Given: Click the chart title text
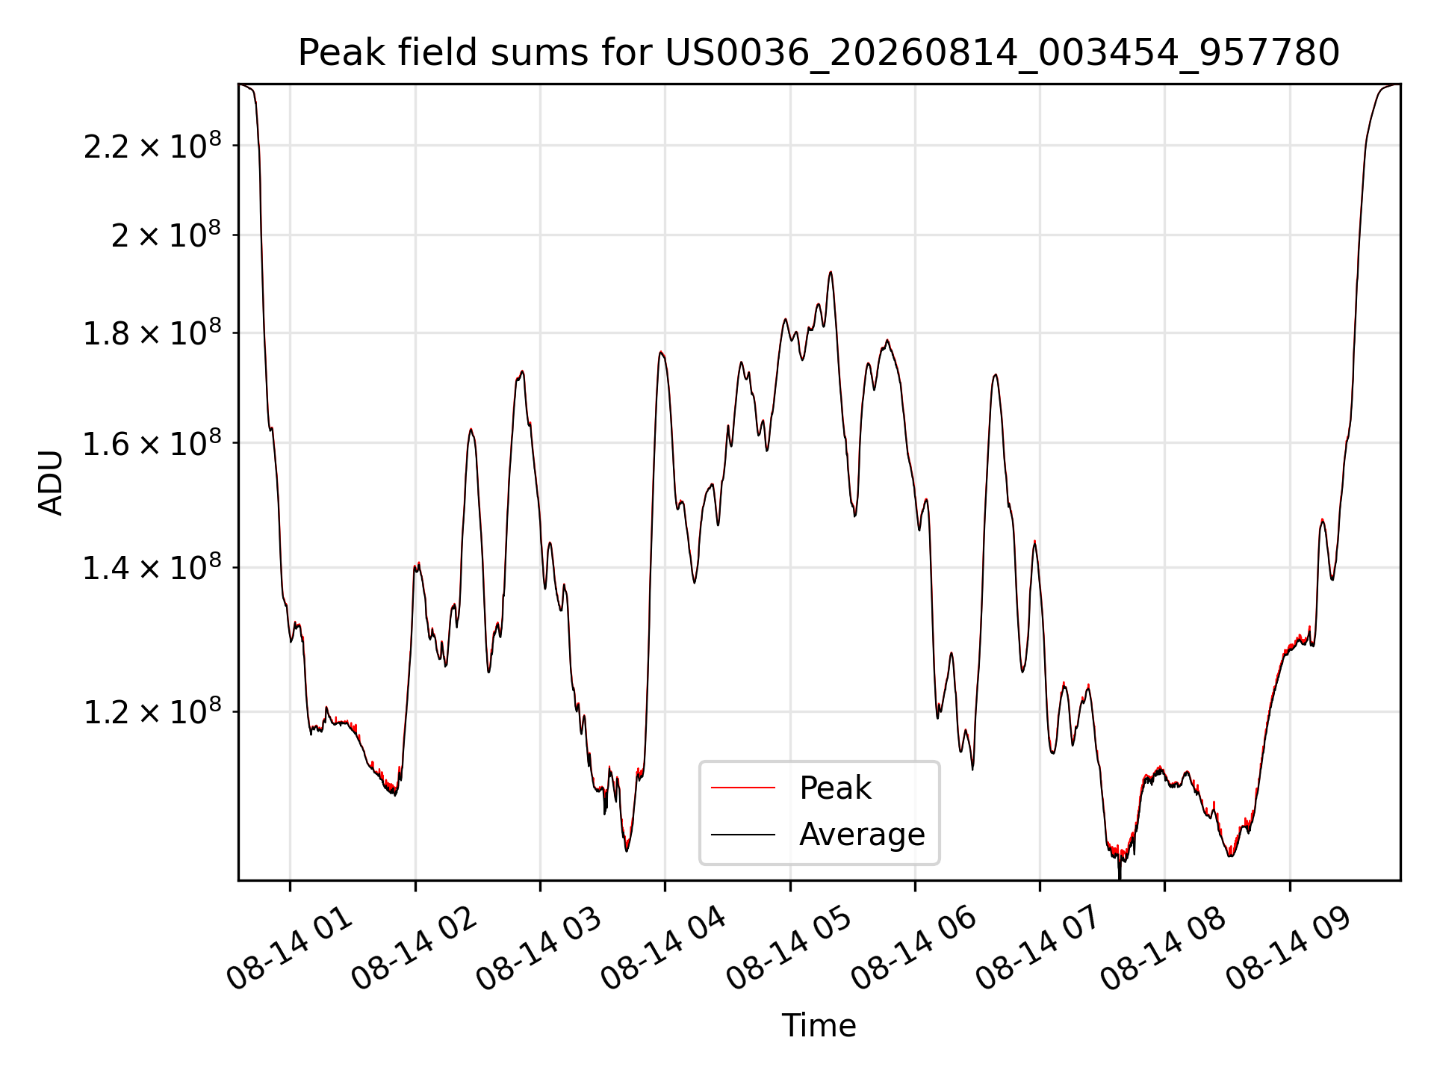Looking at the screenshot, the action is pos(819,53).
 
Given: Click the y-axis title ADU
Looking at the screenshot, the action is pos(51,483).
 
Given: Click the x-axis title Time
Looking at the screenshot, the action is pos(819,1026).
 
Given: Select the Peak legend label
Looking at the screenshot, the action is pos(835,788).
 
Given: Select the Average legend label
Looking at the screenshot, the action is pos(862,834).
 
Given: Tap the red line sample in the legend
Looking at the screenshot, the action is pos(743,788).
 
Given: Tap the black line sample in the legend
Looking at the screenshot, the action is pos(743,834).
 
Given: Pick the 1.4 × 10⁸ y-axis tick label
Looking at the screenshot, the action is pos(152,566).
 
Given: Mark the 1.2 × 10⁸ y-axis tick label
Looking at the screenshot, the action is pos(152,711).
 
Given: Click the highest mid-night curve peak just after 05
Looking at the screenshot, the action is pos(831,272).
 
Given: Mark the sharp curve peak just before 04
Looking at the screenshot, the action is pos(661,352).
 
